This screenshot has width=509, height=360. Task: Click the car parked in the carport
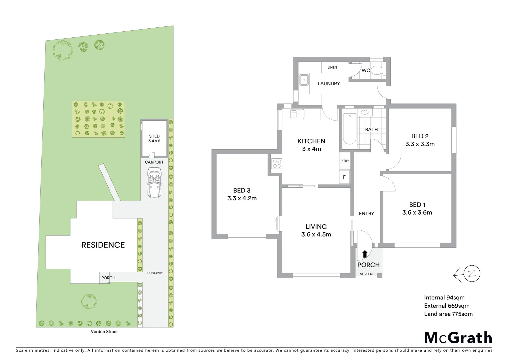(154, 182)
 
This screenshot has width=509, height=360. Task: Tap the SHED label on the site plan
(154, 136)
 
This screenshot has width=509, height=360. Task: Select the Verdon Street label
(104, 332)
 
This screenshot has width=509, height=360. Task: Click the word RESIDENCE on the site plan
(103, 245)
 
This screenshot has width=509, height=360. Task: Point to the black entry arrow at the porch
(365, 254)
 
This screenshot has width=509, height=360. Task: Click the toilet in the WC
(377, 70)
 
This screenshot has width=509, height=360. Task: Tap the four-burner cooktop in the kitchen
(277, 163)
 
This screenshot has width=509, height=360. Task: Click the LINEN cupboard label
(332, 68)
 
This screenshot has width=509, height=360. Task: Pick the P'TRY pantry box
(345, 161)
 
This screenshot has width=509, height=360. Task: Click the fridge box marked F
(344, 177)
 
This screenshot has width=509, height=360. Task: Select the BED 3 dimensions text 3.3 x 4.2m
(242, 198)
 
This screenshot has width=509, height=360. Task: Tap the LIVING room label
(316, 227)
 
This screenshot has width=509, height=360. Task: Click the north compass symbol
(471, 274)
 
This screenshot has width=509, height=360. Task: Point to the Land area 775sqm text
(448, 314)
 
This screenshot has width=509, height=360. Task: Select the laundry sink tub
(303, 80)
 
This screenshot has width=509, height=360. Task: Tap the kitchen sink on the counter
(297, 114)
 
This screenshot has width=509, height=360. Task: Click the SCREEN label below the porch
(366, 274)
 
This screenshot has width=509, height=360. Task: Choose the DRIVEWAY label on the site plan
(155, 273)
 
